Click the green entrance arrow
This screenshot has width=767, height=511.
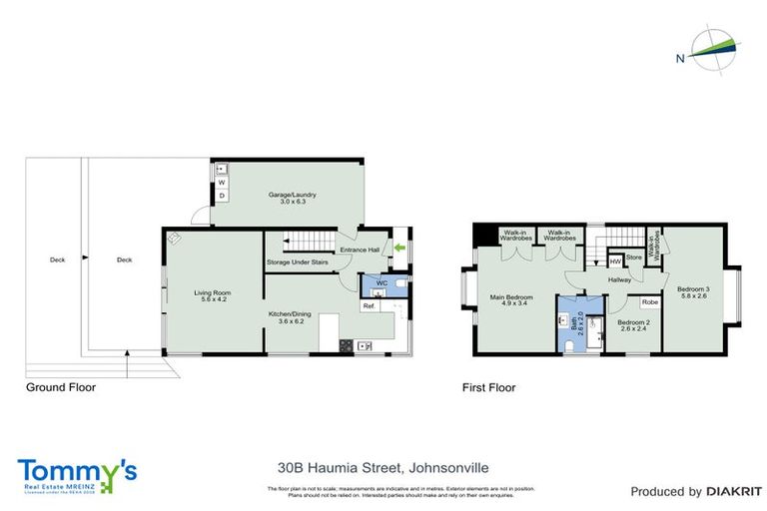[400, 248]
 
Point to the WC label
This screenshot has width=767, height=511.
[382, 283]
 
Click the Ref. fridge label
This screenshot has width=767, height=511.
[369, 306]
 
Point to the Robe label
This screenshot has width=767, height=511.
[649, 300]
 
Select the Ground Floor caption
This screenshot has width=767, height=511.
[61, 387]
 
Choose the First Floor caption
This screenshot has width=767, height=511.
[488, 387]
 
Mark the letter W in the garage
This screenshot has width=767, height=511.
[222, 183]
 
